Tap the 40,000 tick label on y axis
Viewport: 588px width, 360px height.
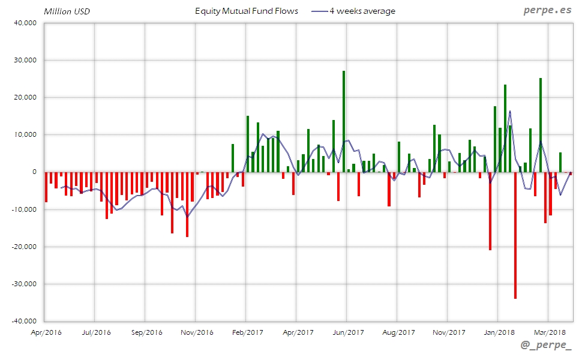click(26, 23)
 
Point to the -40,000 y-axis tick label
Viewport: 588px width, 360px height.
click(25, 321)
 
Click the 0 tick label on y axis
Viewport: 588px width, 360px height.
click(34, 172)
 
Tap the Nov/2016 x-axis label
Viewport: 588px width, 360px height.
click(197, 332)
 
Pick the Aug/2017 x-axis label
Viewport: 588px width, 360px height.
click(398, 332)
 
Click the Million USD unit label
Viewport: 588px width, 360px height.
click(66, 11)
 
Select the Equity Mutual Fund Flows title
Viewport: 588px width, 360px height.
click(247, 11)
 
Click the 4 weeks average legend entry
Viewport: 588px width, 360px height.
click(354, 11)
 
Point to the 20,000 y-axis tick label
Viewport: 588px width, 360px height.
click(26, 97)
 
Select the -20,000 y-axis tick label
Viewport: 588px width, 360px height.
click(25, 247)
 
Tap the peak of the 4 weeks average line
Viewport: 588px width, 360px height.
click(510, 111)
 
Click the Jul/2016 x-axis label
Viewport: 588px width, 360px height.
click(95, 332)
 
